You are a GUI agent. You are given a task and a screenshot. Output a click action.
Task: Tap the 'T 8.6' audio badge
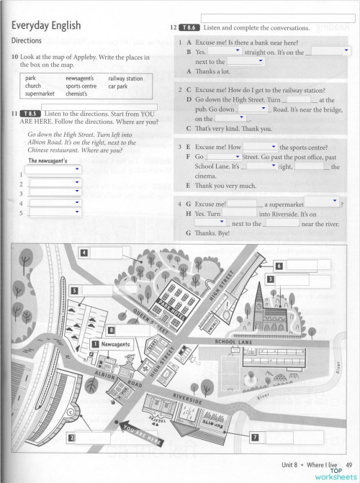[x=190, y=27]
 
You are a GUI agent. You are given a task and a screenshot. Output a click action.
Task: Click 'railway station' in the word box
[x=125, y=78]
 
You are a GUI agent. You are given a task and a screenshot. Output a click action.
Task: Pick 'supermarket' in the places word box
[x=40, y=94]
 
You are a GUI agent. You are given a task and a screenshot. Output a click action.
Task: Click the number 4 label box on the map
[x=84, y=253]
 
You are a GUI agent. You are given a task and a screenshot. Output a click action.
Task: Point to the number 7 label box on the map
[x=256, y=438]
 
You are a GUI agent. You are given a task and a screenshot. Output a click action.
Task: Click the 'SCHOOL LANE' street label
[x=233, y=341]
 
